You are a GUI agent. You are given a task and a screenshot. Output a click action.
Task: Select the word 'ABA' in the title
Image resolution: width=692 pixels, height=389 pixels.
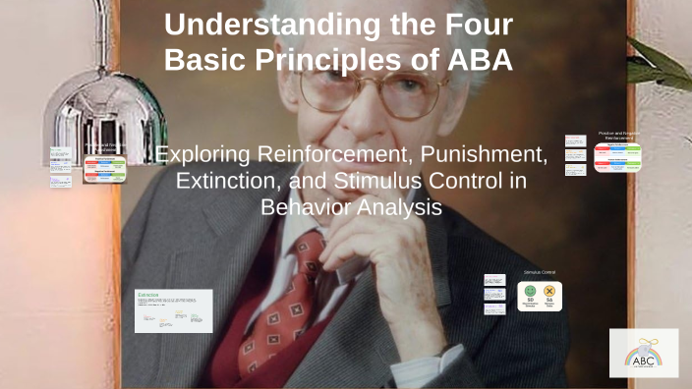click(476, 60)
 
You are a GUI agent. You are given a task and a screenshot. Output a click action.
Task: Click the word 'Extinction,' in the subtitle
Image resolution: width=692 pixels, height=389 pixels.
click(228, 181)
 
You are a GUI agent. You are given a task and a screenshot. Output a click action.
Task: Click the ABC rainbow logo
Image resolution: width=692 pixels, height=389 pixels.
click(643, 353)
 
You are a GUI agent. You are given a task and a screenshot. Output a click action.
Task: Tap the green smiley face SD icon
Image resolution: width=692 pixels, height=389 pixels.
click(530, 292)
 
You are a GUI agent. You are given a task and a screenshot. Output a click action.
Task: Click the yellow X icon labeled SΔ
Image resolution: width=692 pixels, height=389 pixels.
click(549, 292)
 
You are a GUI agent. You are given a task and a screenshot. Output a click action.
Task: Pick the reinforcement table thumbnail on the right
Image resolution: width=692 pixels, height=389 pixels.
click(617, 158)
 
